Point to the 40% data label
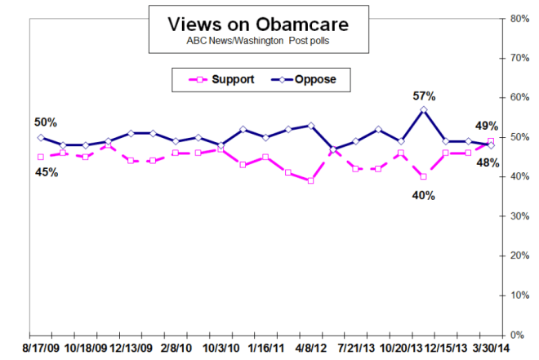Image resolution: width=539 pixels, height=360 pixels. pos(423,195)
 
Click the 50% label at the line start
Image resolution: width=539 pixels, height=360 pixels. pos(46,122)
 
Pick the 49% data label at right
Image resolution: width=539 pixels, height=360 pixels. pos(487,125)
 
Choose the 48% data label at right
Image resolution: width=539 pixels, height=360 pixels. pos(488,162)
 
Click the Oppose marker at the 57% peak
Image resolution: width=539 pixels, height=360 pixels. pos(423,109)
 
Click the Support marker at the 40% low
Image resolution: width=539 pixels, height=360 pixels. pos(423,176)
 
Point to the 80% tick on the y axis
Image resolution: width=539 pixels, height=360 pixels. pos(517,18)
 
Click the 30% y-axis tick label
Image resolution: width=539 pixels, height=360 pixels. pos(517,216)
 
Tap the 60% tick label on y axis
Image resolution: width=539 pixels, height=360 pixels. pos(517,97)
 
